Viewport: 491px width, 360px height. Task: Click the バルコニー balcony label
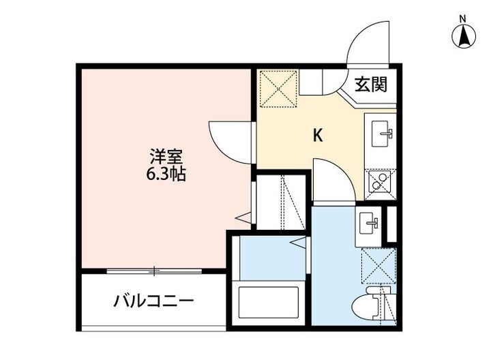pyautogui.click(x=154, y=301)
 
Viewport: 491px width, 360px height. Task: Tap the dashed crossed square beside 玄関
pyautogui.click(x=279, y=89)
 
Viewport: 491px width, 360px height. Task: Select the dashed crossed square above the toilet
pyautogui.click(x=378, y=265)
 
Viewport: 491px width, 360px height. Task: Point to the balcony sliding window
pyautogui.click(x=155, y=271)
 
